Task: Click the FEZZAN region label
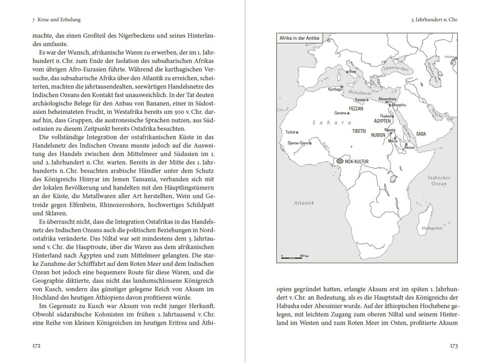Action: coord(355,109)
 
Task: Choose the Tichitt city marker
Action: coord(297,132)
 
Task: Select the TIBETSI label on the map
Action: coord(360,131)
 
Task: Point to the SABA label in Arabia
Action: coord(421,133)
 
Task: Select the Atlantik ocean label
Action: coord(304,203)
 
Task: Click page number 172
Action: coord(36,345)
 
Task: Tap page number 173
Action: coord(453,345)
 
